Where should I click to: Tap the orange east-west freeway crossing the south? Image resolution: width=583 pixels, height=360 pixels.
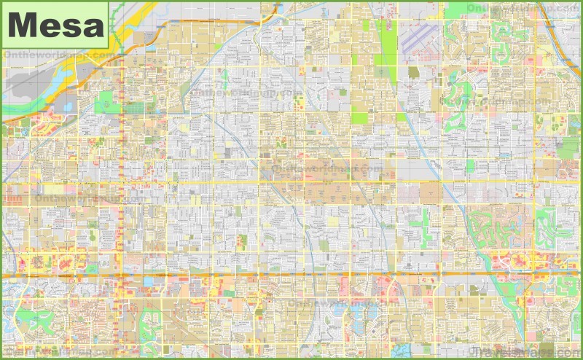pos(291,275)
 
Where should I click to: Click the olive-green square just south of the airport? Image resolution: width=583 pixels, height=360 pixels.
pos(413,72)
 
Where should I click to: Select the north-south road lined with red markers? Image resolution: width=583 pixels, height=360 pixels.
pos(120,219)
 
